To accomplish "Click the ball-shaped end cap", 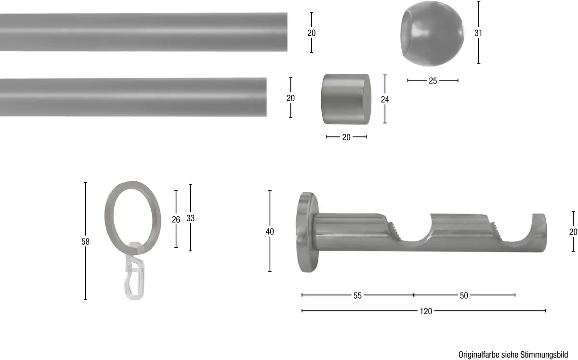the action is pos(432,34).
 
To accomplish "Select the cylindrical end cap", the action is pos(346,99).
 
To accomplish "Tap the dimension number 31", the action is pos(478,33).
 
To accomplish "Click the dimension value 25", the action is pos(433,81).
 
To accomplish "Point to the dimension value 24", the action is pos(385,99).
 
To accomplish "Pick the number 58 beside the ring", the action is pos(85,242).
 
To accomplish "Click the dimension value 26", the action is pos(176,219).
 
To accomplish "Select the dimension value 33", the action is pos(190,218).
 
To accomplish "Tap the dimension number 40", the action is pos(270,232).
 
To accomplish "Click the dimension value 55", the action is pos(357,296).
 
